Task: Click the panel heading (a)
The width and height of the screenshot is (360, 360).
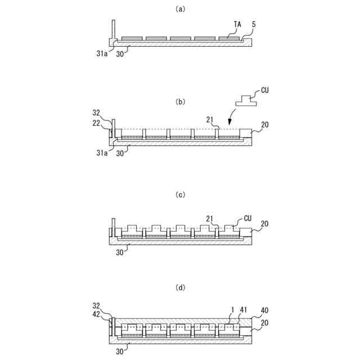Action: click(x=180, y=8)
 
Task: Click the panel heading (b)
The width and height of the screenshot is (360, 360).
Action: click(x=180, y=102)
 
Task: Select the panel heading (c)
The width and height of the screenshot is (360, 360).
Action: click(x=180, y=195)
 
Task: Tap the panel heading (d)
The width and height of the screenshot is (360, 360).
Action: click(x=180, y=287)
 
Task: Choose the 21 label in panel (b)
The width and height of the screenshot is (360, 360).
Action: click(x=210, y=120)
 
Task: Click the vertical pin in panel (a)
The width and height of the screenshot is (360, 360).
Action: click(x=113, y=29)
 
